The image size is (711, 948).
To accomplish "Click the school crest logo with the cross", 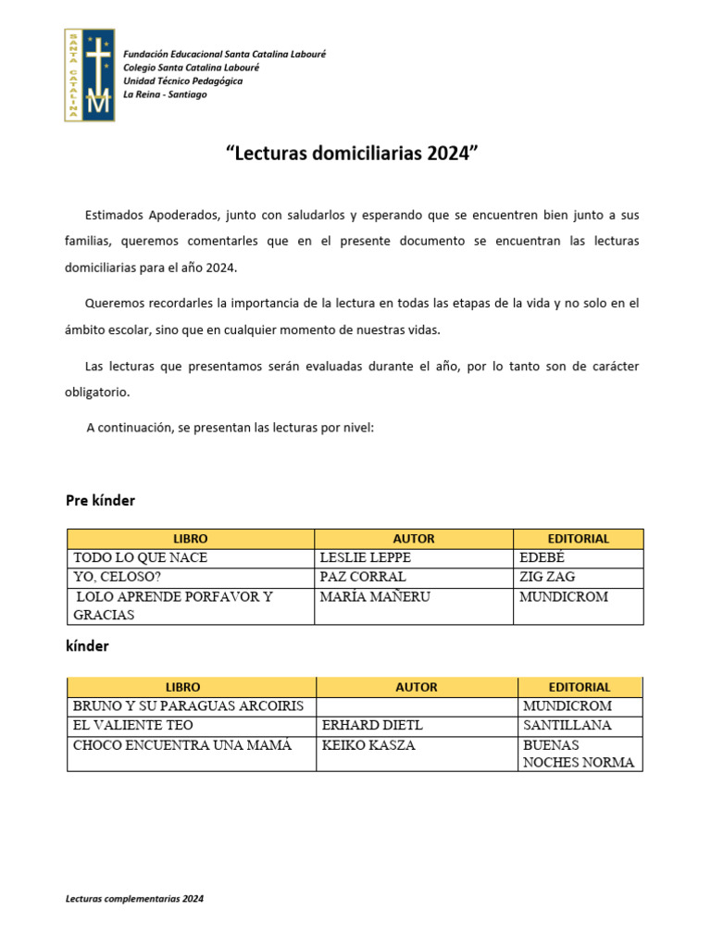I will click(90, 74).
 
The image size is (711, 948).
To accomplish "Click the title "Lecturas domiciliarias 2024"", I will click(355, 153).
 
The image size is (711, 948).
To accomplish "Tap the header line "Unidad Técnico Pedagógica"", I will click(183, 81).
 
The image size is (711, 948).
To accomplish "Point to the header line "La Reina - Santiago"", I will click(165, 94).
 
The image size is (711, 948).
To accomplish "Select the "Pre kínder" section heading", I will click(100, 501).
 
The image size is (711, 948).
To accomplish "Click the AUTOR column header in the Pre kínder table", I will click(413, 539).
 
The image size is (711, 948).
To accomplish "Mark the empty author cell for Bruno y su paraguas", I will click(417, 706).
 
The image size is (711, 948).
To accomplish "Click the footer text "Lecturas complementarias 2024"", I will click(135, 899).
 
